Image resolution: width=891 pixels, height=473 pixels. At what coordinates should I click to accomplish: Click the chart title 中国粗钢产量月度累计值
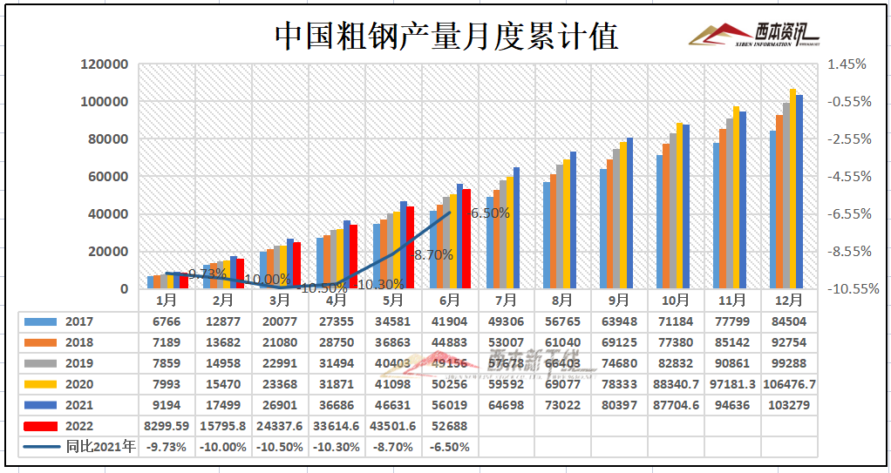tap(446, 37)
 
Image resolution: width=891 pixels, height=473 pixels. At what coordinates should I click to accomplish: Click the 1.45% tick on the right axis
tap(847, 64)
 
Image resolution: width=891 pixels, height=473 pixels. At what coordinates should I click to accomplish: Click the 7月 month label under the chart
tap(506, 301)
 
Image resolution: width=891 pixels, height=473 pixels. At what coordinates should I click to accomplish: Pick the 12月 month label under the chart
tap(787, 301)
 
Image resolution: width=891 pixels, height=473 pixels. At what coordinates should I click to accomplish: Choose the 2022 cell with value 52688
tap(450, 426)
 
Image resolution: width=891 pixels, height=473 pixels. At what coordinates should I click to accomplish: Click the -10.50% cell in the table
tap(280, 447)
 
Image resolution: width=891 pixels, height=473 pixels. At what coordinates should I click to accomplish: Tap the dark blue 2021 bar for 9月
tap(629, 213)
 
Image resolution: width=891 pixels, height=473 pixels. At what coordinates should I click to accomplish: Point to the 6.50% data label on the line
tap(490, 212)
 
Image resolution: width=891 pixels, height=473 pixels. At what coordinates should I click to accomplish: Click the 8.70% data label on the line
tap(433, 255)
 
